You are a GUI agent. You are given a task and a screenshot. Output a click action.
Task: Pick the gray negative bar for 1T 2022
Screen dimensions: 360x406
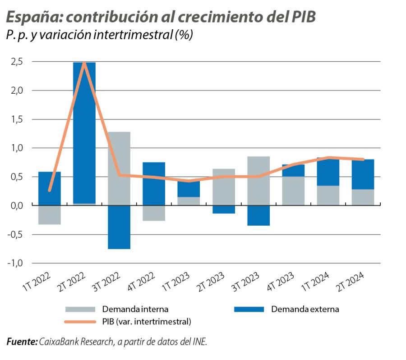click(50, 214)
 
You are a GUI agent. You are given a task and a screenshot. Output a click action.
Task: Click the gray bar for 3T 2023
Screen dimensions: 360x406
click(258, 181)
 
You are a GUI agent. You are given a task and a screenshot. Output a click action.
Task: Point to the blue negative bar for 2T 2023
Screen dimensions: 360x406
click(224, 209)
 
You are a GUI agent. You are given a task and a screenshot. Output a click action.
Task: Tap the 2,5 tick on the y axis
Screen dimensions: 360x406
click(17, 62)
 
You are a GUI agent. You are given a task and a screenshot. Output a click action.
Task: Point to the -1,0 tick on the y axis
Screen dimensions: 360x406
click(15, 263)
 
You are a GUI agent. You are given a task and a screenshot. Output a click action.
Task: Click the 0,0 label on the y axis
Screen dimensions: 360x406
click(17, 205)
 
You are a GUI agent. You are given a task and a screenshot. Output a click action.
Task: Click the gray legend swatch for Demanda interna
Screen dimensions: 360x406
click(80, 309)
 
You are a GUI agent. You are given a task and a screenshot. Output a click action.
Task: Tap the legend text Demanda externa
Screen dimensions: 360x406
click(305, 309)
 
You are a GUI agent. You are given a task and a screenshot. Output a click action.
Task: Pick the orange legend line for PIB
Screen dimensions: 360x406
click(80, 322)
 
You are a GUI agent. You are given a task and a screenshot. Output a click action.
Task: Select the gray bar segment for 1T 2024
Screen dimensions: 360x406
click(328, 195)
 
